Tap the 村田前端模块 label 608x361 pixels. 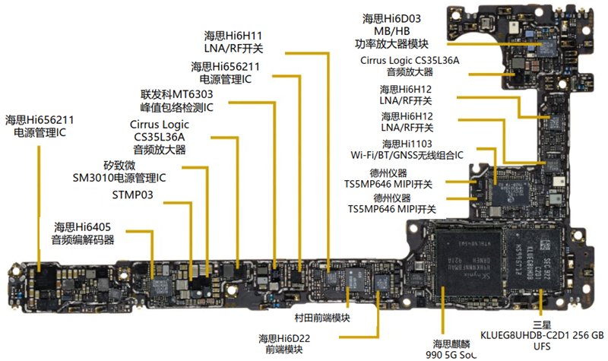322,318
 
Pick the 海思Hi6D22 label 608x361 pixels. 283,338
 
